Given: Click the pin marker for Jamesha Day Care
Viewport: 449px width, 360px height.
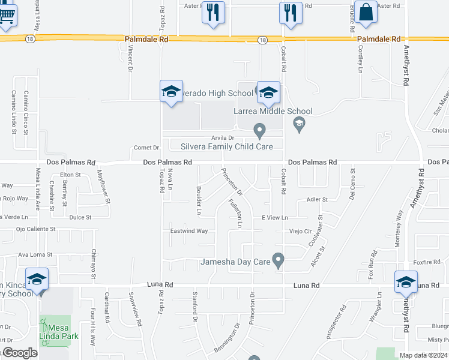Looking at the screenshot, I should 278,260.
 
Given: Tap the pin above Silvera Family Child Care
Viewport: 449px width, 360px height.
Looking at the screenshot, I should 259,130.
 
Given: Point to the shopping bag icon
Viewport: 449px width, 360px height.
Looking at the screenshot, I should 365,12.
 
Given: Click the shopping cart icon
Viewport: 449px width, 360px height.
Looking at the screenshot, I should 6,14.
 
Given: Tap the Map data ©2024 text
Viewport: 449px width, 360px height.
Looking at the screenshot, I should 423,355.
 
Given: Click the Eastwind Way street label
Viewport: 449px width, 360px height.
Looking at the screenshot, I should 189,230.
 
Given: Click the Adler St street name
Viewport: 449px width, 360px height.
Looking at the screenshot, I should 317,199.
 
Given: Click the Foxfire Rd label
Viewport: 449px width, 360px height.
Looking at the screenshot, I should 427,262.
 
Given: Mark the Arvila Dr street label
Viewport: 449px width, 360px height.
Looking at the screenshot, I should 213,137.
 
